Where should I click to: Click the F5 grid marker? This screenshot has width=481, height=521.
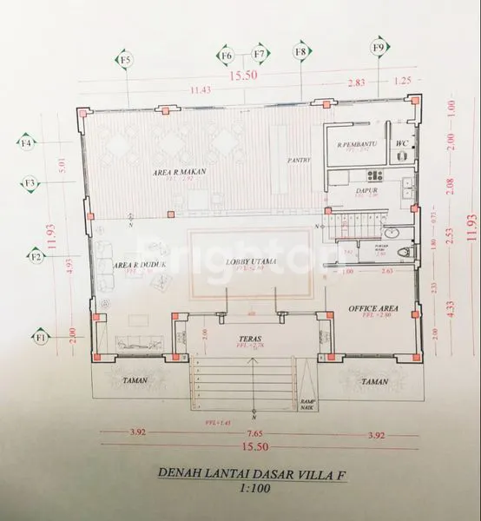(126, 60)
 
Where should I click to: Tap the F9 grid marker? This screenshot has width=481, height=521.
(378, 47)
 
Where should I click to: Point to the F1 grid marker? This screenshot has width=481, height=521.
(40, 336)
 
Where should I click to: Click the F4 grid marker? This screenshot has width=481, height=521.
(27, 142)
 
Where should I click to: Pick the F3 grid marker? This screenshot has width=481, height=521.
(30, 183)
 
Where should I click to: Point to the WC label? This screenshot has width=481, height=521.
(401, 142)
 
